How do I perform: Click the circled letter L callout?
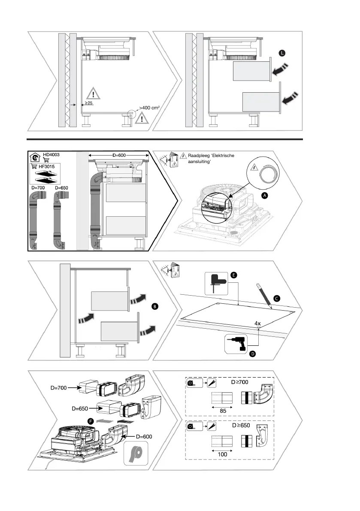coord(281,53)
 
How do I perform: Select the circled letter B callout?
coord(155,306)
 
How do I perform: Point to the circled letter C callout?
coord(277,298)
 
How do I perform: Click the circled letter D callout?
coord(253,354)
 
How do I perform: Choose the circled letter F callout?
coord(91,421)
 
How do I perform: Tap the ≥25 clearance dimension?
coord(89,103)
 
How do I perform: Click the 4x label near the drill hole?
coord(257,323)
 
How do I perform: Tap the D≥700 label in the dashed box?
coord(240,381)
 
